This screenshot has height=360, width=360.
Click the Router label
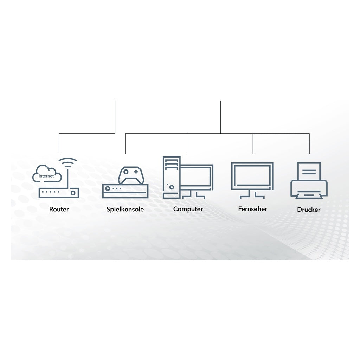59,209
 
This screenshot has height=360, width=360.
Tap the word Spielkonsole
125,209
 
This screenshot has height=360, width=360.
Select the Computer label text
188,209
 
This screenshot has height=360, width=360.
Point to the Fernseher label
252,209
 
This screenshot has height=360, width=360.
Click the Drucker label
309,210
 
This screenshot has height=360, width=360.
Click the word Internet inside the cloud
46,176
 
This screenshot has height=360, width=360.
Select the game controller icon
131,175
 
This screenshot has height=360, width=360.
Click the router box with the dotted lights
59,193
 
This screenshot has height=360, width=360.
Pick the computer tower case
172,178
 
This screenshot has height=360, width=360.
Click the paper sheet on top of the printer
309,171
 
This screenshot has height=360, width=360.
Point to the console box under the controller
126,191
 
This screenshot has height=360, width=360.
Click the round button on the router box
73,193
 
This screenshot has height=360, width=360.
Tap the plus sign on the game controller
136,172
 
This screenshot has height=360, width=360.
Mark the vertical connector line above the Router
59,144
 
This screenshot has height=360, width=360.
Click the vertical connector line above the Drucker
309,144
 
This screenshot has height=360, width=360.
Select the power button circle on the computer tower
172,187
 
